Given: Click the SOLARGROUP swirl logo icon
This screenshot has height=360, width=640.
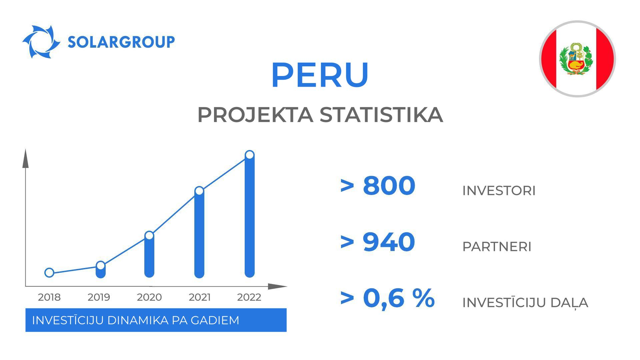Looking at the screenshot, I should (41, 42).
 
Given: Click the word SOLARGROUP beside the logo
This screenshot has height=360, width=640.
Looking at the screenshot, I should (121, 42).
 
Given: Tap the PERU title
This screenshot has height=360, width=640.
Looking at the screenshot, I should (320, 75).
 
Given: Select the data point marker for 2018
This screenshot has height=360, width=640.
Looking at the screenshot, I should (49, 273).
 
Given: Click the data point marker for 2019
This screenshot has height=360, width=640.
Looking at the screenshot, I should (100, 266).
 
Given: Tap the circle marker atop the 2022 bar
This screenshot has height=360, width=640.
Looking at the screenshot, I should (250, 155).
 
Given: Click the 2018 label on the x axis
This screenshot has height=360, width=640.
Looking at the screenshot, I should (49, 297).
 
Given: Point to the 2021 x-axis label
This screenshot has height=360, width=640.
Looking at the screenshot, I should (200, 297).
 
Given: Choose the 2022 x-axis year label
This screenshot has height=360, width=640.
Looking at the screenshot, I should (249, 297).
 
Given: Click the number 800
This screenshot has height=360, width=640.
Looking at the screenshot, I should (389, 185).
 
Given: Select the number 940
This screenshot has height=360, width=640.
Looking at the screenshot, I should (389, 242).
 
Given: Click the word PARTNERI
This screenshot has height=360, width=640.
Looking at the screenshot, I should (497, 247).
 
